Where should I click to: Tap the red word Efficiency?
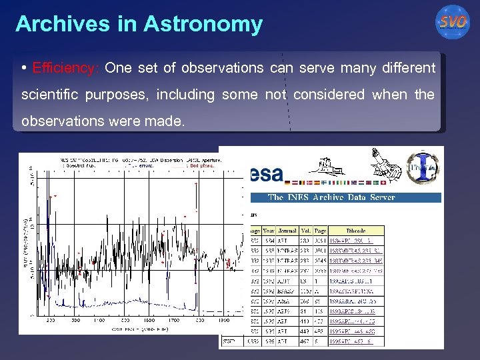click(x=65, y=68)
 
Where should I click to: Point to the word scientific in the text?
click(x=49, y=95)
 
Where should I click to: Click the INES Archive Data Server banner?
click(x=331, y=197)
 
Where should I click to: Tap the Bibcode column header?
click(x=355, y=230)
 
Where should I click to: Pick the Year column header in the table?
click(x=268, y=230)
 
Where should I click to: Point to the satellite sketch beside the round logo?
click(x=385, y=162)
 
